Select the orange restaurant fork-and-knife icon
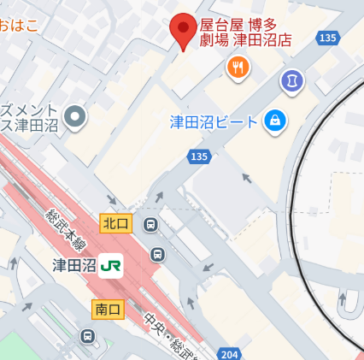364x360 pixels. [x=238, y=67]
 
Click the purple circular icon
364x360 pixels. [x=292, y=81]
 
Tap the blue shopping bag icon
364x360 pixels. [x=274, y=121]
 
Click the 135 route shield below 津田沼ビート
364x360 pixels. [x=199, y=156]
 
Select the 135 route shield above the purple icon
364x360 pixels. [x=326, y=38]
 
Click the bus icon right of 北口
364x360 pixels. [x=151, y=226]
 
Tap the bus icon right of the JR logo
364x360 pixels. [x=157, y=254]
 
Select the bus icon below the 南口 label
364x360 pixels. [x=87, y=337]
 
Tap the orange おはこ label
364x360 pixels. [x=19, y=25]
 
